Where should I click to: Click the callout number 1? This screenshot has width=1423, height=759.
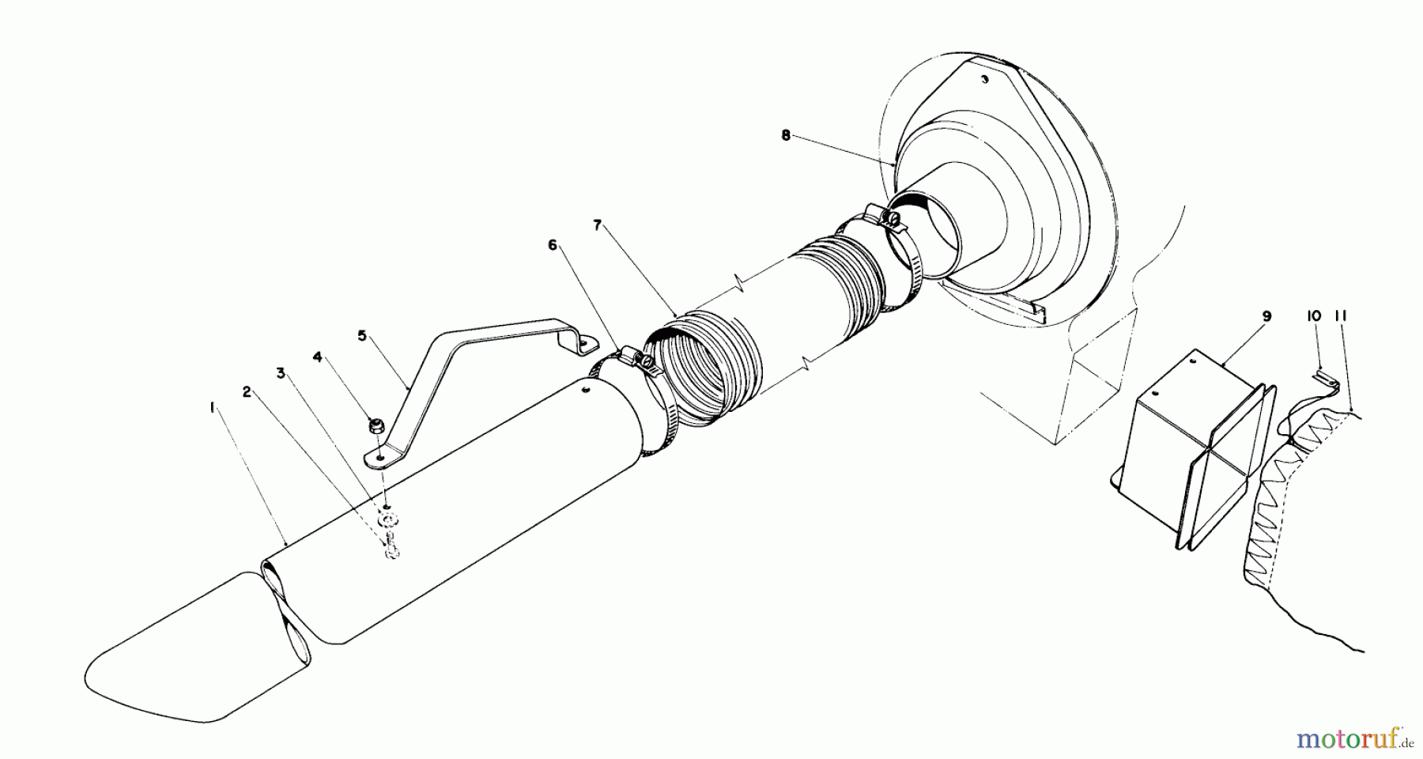(x=212, y=407)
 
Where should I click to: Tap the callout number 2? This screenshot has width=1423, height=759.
(x=247, y=391)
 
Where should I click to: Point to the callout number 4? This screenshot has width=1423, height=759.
(x=317, y=357)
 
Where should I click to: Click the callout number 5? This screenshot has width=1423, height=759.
(x=362, y=335)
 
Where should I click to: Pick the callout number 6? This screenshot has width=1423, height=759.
(x=553, y=245)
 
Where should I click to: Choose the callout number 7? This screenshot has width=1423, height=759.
(x=598, y=225)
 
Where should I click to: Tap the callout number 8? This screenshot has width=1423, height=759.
(x=785, y=135)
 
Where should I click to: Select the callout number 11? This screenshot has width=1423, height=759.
(x=1340, y=315)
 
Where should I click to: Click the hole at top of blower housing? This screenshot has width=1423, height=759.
(x=983, y=79)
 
